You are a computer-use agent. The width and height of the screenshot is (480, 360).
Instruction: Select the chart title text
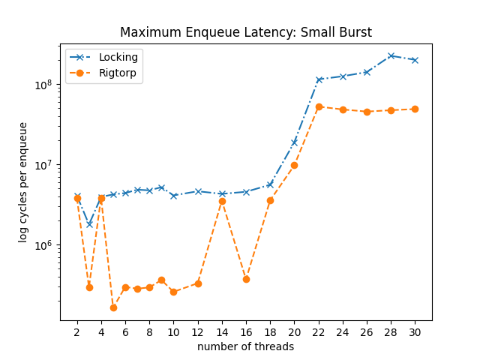click(246, 32)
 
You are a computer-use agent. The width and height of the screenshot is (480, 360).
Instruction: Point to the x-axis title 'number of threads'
click(246, 346)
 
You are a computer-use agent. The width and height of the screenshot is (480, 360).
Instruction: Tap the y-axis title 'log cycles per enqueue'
click(23, 182)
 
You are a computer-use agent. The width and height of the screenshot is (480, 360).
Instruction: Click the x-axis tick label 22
click(318, 331)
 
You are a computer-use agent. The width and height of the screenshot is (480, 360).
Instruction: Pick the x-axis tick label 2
click(77, 331)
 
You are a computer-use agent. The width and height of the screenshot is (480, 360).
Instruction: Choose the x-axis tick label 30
click(415, 331)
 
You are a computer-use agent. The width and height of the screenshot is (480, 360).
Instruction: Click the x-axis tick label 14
click(222, 331)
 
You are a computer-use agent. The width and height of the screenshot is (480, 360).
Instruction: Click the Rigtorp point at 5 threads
click(113, 307)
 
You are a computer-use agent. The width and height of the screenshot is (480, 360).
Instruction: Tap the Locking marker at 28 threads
click(391, 55)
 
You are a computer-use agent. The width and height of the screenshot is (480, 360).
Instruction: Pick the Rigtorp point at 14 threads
click(222, 201)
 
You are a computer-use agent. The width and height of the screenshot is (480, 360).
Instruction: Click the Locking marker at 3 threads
click(89, 224)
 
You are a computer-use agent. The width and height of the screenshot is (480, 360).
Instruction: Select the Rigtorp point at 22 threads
click(319, 106)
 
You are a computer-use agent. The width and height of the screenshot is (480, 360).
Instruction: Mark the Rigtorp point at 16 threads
click(246, 279)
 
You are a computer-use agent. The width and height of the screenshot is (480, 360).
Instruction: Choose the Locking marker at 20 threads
click(294, 142)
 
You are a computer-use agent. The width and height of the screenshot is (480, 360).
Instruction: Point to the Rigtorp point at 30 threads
click(415, 109)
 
